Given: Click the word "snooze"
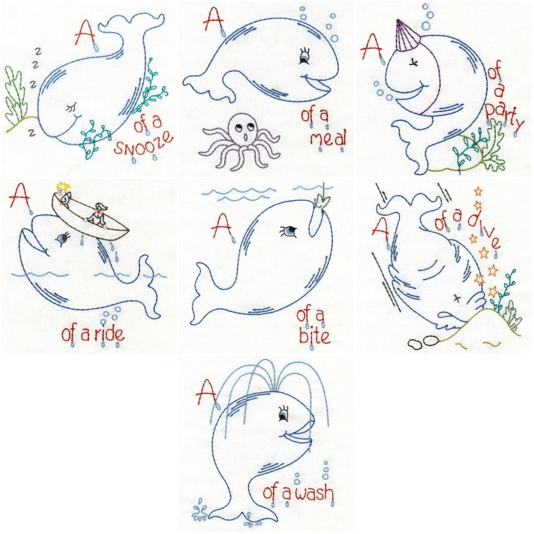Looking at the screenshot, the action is [x=144, y=144].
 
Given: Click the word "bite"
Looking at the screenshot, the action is [x=314, y=337].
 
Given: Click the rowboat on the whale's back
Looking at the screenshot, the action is [x=91, y=219].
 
